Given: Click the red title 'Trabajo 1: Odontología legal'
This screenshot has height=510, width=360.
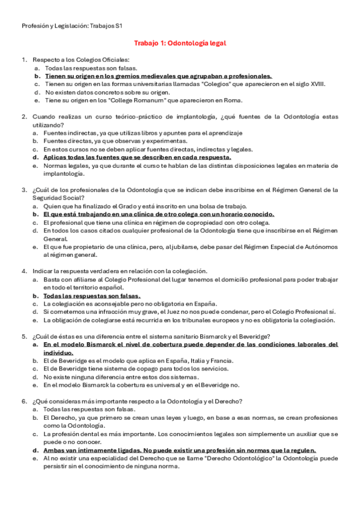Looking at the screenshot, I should pos(180,43).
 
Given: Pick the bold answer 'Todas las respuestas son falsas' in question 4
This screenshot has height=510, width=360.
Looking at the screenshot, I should pos(92,296).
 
